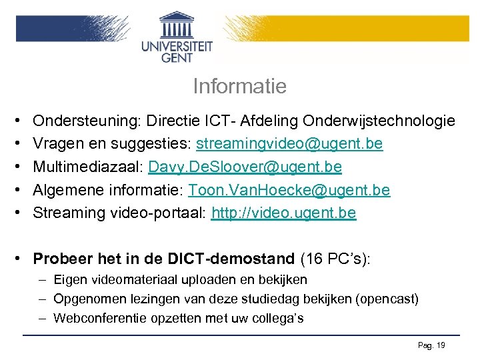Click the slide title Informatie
239,87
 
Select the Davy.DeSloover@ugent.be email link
245,167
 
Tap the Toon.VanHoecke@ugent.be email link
289,190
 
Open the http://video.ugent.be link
283,213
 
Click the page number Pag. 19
431,345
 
